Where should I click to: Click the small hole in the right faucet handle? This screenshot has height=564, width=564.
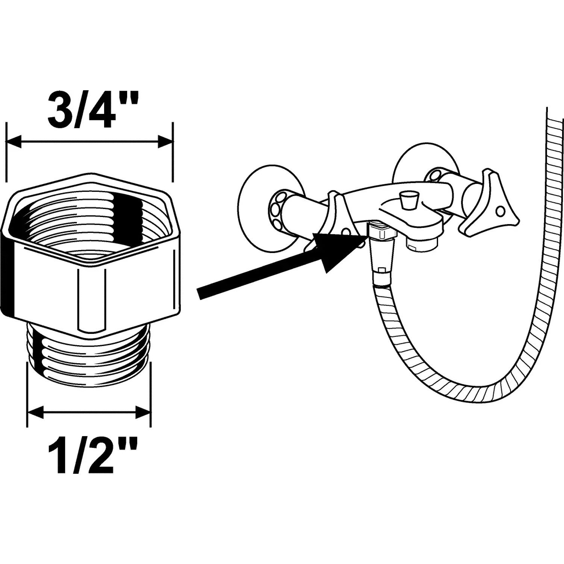pyautogui.click(x=500, y=212)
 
